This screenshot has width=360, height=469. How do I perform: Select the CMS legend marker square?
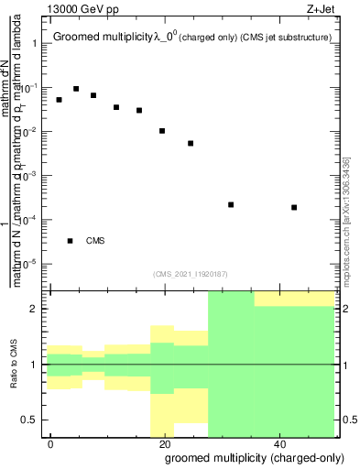tap(70, 241)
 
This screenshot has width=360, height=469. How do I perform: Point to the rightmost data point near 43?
tap(294, 207)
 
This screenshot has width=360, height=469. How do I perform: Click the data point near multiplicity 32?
tap(231, 204)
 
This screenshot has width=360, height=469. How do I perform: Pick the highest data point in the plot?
tap(76, 89)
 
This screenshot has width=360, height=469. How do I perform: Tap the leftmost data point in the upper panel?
tap(59, 100)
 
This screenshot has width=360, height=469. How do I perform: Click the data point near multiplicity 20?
tap(162, 131)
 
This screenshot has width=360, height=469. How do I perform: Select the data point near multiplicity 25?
tap(191, 143)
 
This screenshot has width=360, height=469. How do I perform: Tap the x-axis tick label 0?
tap(51, 443)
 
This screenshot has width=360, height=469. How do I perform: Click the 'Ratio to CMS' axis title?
tap(15, 364)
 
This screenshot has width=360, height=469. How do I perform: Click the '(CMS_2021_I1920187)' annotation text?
tap(190, 273)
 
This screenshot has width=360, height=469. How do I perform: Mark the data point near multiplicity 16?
tap(139, 110)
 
